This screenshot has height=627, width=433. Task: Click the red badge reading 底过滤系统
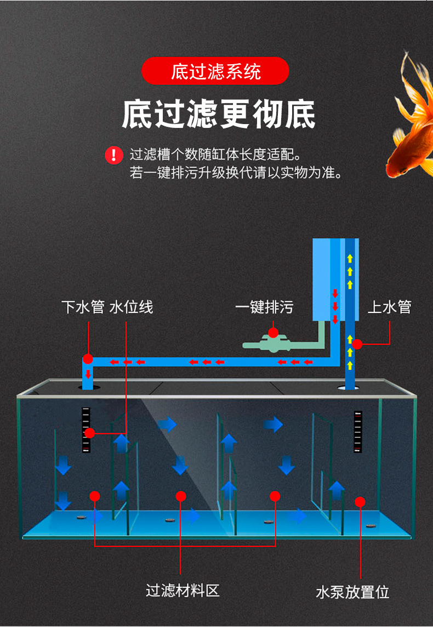(x=215, y=71)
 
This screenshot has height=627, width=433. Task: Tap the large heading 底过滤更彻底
(x=218, y=114)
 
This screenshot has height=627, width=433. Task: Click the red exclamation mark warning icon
(x=114, y=155)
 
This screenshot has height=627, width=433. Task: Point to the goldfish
(x=411, y=118)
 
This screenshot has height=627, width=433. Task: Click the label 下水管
(x=83, y=306)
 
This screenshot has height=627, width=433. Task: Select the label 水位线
(x=131, y=306)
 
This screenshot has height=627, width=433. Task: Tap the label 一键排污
(x=264, y=306)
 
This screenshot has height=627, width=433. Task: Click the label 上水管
(x=389, y=306)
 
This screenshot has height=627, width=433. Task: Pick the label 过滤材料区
(x=183, y=591)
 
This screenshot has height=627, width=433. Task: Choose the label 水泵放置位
(x=352, y=592)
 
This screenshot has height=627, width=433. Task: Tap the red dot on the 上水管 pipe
(x=357, y=344)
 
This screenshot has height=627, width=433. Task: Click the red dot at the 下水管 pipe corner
(x=88, y=360)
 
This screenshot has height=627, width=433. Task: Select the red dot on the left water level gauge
(x=90, y=433)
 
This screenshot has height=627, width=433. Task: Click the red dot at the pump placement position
(x=360, y=501)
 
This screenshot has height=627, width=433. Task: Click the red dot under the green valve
(x=273, y=332)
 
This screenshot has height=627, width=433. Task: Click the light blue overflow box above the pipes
(x=326, y=279)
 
